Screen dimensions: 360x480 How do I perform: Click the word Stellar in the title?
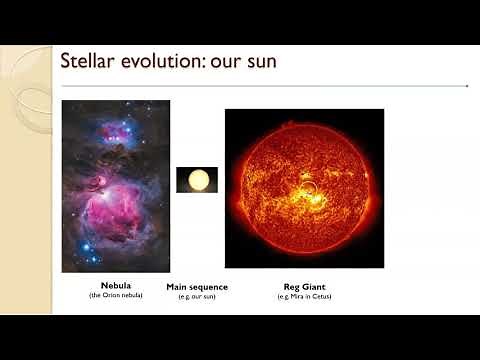(x=89, y=62)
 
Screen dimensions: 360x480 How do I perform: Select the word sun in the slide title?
(x=259, y=62)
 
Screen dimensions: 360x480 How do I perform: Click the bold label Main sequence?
(x=197, y=287)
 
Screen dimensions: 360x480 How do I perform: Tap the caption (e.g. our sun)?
(x=197, y=296)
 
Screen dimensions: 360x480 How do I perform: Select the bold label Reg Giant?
(x=304, y=287)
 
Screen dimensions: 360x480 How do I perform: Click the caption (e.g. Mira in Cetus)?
(x=304, y=296)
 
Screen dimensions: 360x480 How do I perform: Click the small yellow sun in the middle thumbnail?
(x=197, y=180)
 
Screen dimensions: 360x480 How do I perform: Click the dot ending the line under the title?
(x=467, y=86)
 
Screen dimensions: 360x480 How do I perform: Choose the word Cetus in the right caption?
(x=321, y=296)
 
